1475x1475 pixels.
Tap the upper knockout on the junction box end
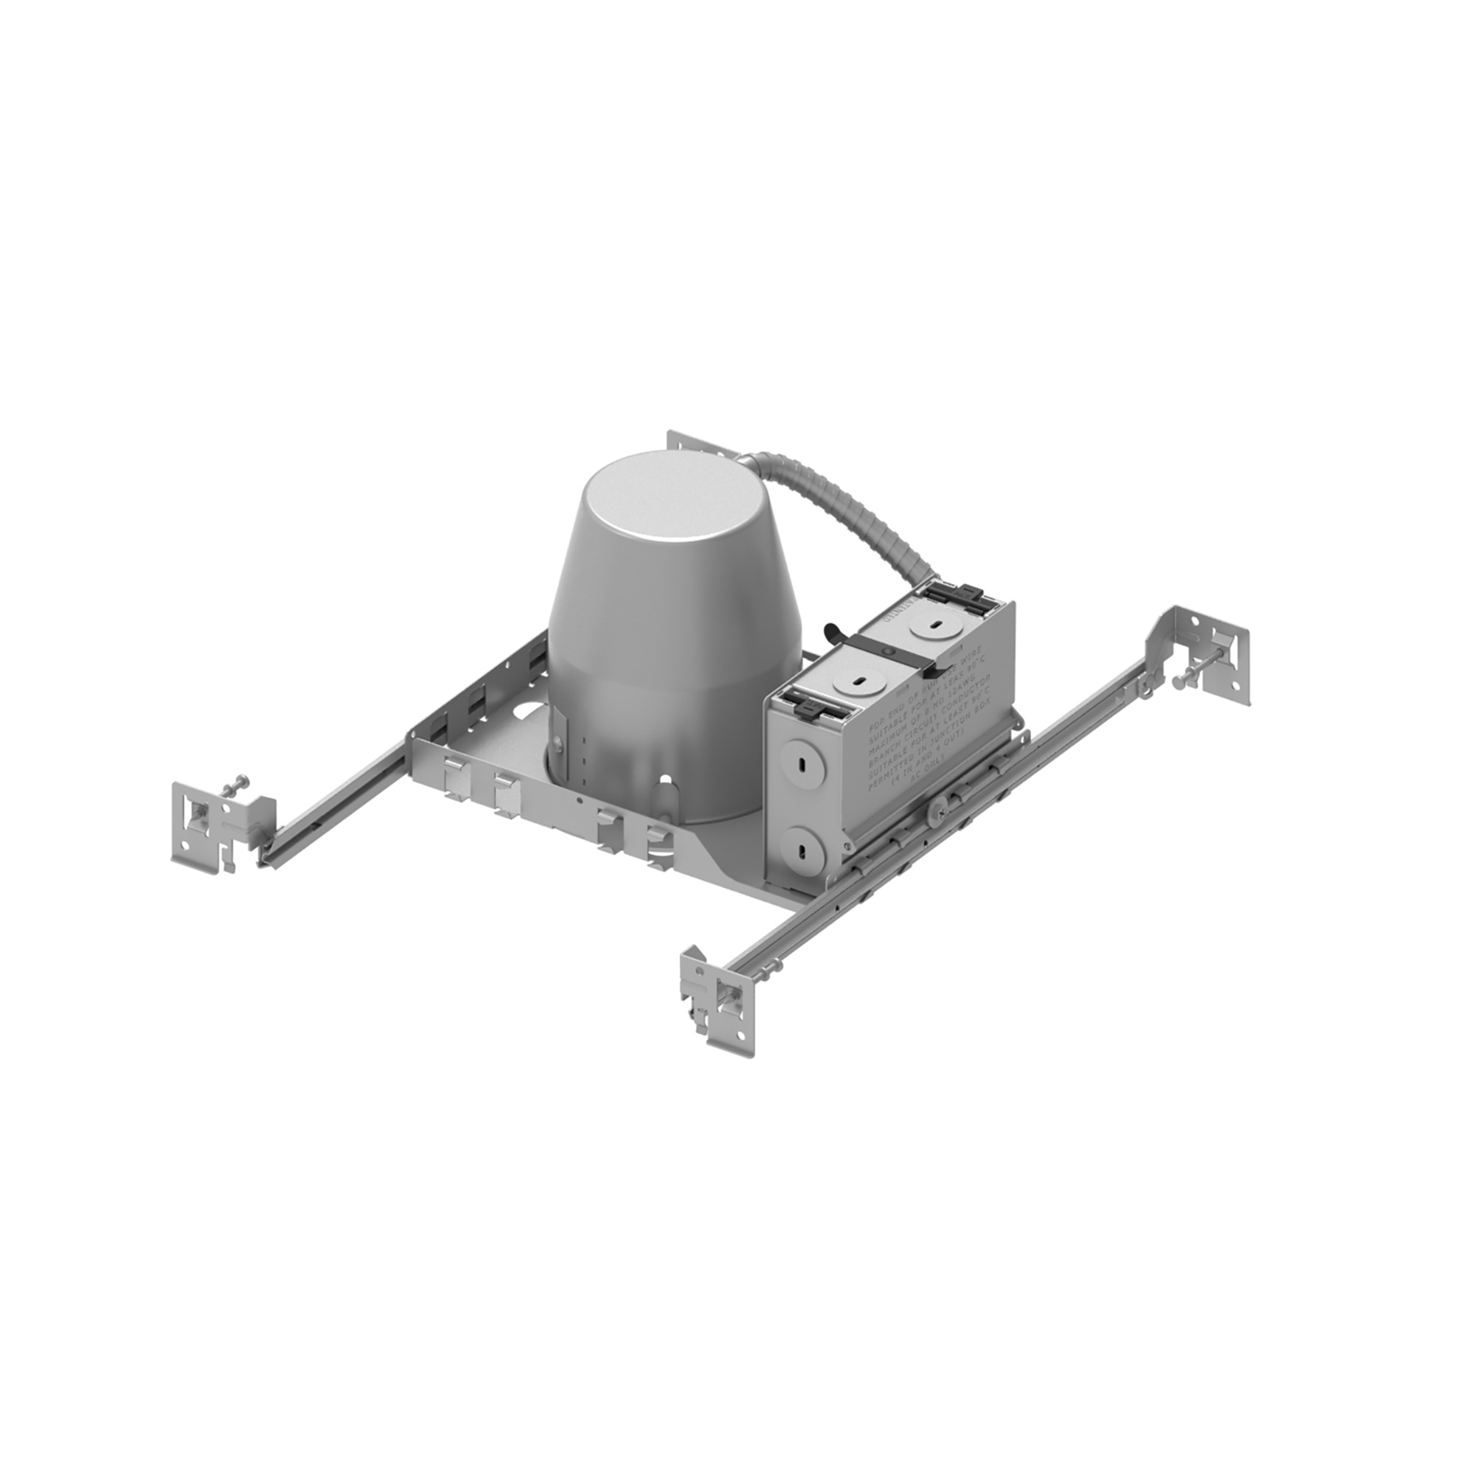(x=802, y=763)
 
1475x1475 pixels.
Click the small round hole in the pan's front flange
(x=580, y=801)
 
